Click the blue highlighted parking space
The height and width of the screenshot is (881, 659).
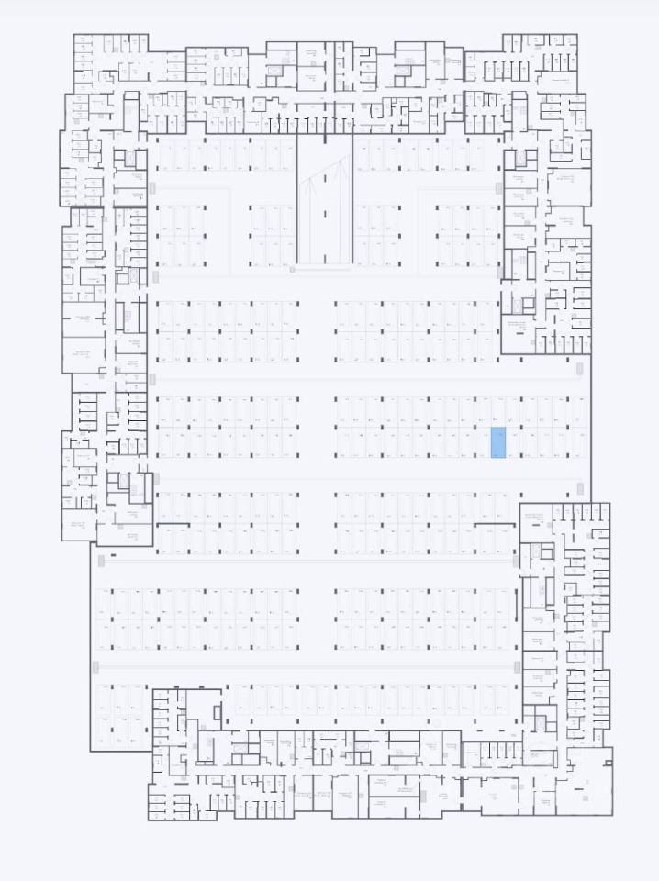(497, 442)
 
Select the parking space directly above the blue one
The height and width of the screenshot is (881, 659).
(497, 411)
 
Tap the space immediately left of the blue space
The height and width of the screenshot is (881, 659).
(482, 442)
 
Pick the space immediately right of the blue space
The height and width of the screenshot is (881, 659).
(513, 442)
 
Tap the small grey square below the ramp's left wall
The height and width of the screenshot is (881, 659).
(292, 270)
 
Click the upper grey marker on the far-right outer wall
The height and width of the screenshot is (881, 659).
(579, 369)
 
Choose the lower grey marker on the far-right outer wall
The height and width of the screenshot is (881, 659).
(579, 487)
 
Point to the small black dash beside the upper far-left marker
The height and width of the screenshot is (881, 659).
(113, 555)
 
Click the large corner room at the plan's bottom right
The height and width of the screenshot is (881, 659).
(586, 786)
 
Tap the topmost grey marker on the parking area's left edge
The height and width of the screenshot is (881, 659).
(152, 187)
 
